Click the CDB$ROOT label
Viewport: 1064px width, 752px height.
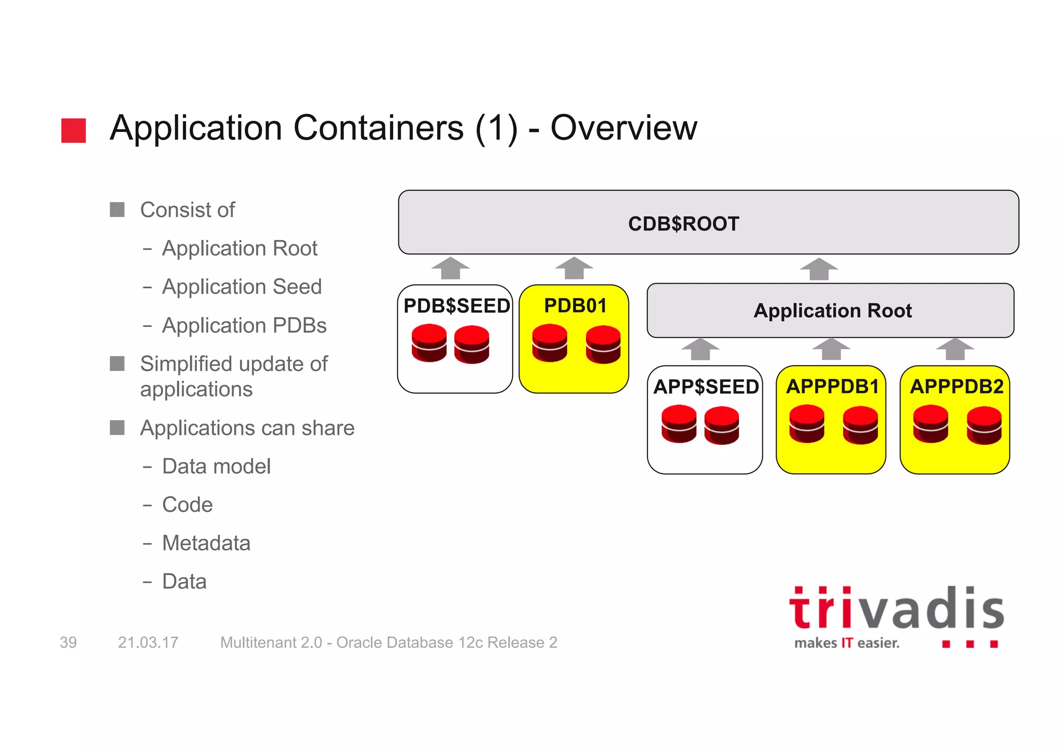(x=683, y=224)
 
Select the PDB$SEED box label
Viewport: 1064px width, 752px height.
(x=456, y=306)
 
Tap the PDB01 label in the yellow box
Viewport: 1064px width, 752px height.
(x=575, y=306)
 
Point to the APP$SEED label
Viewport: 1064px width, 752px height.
(x=706, y=387)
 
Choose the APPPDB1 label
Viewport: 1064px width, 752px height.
(x=832, y=387)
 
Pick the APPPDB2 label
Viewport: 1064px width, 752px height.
(x=956, y=387)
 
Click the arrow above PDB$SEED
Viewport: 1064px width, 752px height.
(x=450, y=268)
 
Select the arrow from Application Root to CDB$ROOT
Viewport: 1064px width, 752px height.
(x=819, y=269)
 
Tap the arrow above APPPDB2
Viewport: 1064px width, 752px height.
(x=955, y=349)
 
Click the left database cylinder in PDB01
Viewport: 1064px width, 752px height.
(x=550, y=343)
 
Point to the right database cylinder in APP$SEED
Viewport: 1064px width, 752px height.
(x=722, y=425)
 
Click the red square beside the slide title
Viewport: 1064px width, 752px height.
(x=73, y=130)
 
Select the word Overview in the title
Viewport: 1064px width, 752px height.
(x=623, y=128)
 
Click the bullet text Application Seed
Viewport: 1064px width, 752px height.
(x=242, y=287)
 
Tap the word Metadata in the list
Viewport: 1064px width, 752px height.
(x=206, y=543)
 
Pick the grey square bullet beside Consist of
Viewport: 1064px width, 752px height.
(x=117, y=210)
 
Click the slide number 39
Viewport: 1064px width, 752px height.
(x=68, y=643)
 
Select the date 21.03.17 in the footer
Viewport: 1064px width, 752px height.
(x=148, y=643)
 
